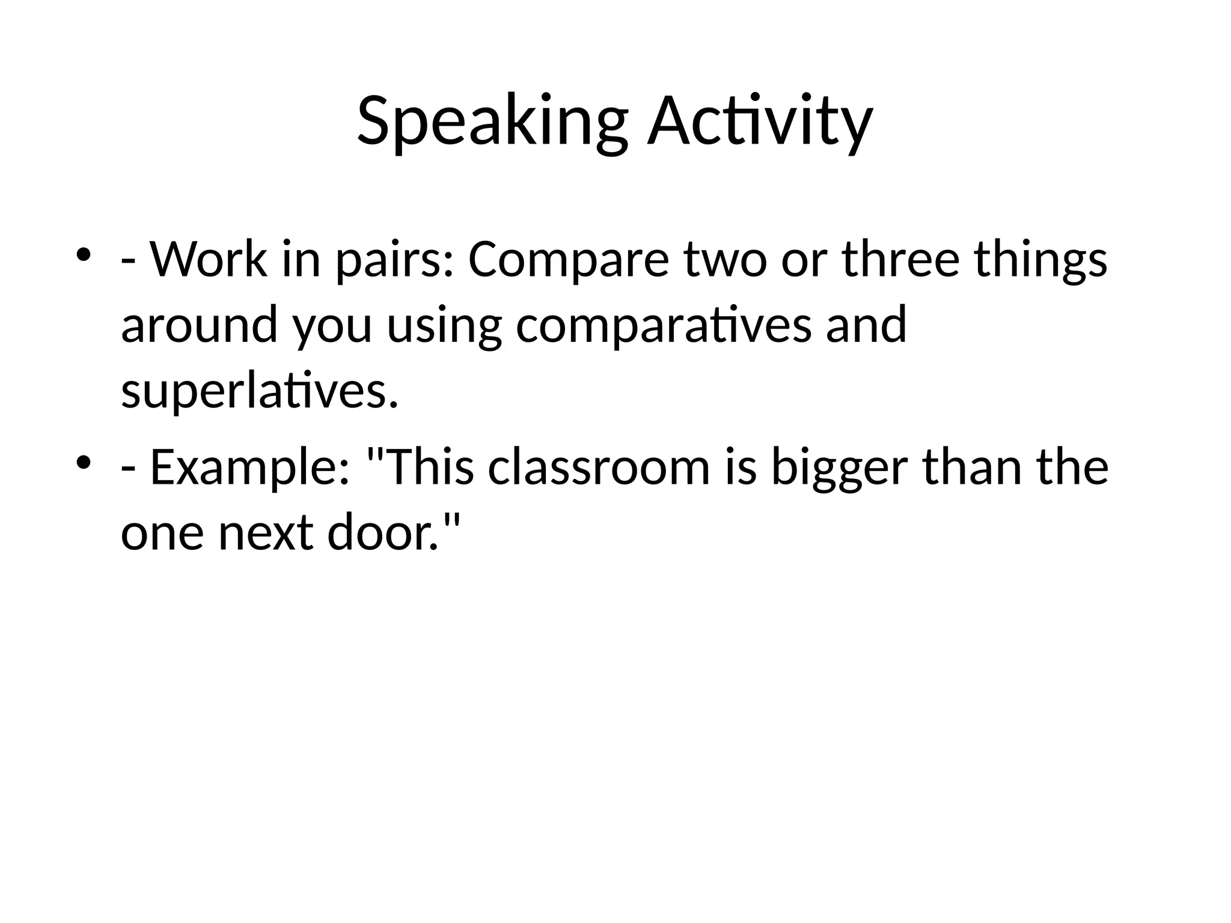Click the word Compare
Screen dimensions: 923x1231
(568, 261)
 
